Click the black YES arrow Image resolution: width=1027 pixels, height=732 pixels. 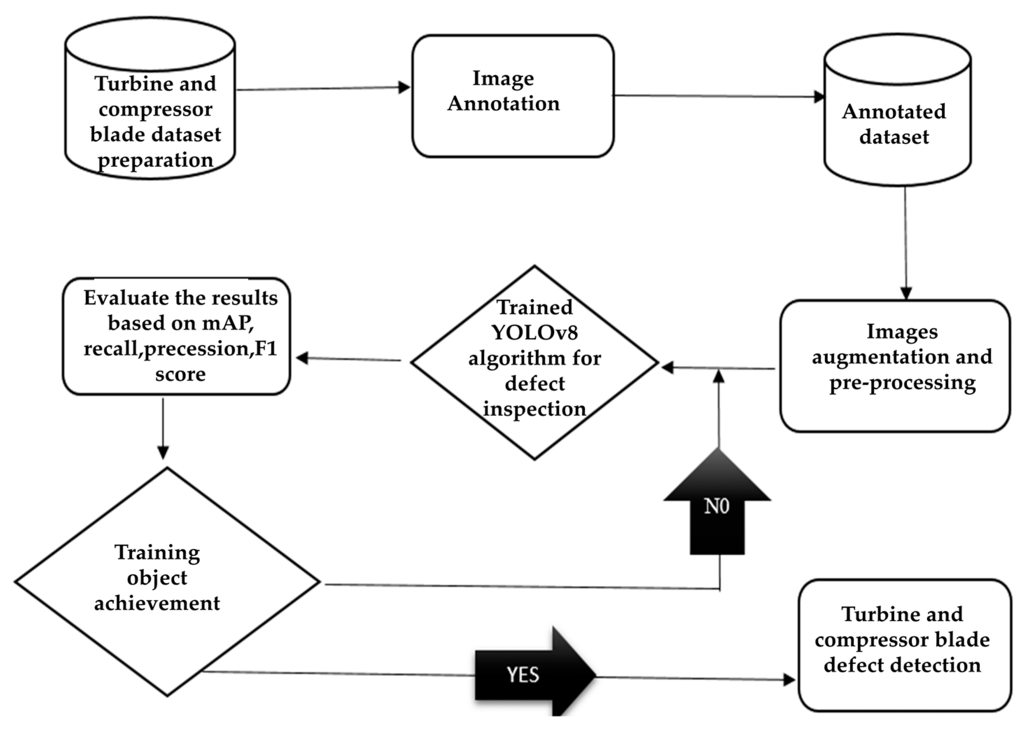(532, 675)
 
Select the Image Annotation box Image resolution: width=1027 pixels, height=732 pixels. (513, 96)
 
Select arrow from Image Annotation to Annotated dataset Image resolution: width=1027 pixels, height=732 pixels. (718, 96)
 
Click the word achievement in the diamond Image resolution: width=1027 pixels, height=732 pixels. (157, 604)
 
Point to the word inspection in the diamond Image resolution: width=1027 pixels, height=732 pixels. (535, 409)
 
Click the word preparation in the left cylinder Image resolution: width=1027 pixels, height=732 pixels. (155, 160)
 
